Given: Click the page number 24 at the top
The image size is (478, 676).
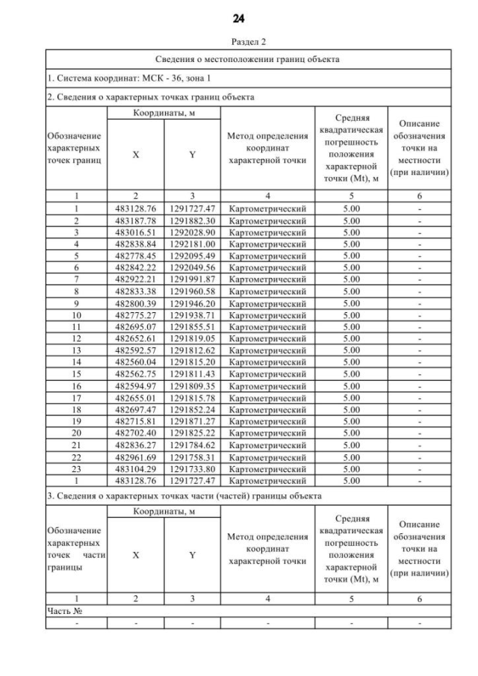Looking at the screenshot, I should (x=239, y=18).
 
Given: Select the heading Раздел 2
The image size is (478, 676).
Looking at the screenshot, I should (x=239, y=43).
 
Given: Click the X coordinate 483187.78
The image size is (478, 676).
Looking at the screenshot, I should (x=135, y=221).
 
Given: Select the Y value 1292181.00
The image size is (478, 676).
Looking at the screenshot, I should (x=192, y=244).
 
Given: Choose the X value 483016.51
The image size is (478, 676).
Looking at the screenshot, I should (x=135, y=232).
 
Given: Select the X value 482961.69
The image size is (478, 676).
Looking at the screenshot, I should (x=135, y=456).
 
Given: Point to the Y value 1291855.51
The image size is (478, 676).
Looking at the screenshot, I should (x=192, y=326).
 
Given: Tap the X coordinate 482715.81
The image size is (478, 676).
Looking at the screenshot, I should (x=135, y=421).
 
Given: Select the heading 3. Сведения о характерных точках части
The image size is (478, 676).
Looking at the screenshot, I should (x=184, y=495).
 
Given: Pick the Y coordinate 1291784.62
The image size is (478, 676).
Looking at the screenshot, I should (x=192, y=446).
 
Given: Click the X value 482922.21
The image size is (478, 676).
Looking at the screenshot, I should (x=135, y=279).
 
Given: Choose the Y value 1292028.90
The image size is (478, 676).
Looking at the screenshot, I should (x=192, y=232).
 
